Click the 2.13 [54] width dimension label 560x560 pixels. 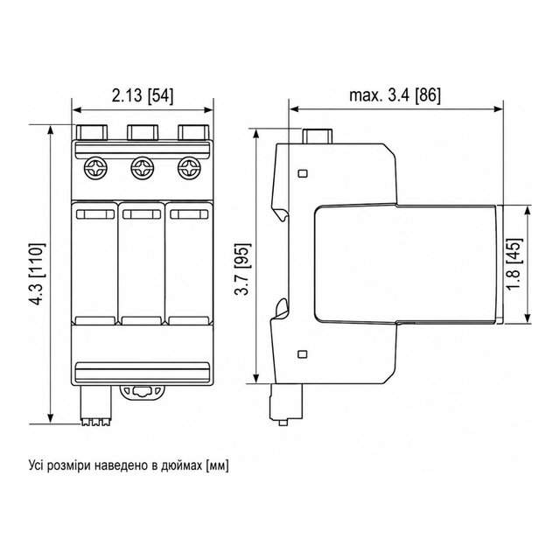tap(143, 96)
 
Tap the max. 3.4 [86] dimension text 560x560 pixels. tap(395, 95)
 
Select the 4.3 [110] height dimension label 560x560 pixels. tap(38, 274)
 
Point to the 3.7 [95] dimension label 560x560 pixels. tap(243, 269)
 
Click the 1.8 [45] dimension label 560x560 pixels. tap(514, 264)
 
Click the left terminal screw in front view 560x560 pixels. tap(94, 168)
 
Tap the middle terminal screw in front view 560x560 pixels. tap(142, 168)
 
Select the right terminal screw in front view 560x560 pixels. tap(190, 168)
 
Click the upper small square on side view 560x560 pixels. tap(303, 173)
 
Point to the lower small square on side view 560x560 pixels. tap(303, 354)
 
